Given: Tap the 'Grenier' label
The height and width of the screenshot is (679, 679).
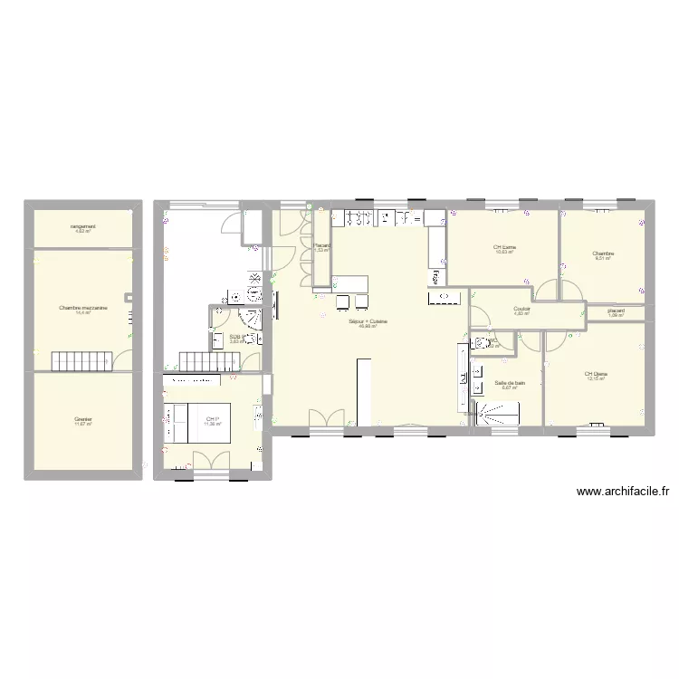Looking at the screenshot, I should coord(83,419).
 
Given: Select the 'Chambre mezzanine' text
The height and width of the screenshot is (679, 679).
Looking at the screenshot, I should coord(83,308).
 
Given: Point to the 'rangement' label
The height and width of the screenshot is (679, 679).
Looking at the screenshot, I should coord(83,226).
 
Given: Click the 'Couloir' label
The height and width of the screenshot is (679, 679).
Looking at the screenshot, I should coord(521,309).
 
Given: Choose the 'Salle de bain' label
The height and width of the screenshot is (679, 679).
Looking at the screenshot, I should coord(511,383).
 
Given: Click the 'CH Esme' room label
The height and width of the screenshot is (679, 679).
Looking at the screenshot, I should coord(504,247).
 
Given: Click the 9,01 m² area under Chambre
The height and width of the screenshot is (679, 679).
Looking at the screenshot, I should coord(604,259).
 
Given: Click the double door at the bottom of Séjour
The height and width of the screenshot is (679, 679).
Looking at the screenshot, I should coord(327,418).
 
